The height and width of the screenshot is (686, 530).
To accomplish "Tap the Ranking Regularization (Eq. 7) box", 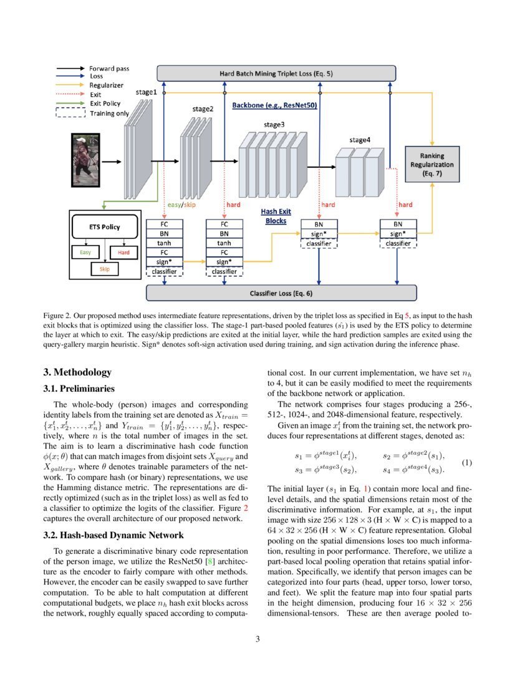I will [431, 164].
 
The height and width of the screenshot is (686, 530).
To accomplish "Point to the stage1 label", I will [147, 92].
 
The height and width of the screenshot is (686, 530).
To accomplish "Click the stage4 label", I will [360, 140].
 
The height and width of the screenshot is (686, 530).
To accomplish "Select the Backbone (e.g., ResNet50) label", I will [274, 106].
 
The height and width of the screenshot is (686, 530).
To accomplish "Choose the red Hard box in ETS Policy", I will [123, 253].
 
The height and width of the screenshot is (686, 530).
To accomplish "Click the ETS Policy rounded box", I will [104, 227].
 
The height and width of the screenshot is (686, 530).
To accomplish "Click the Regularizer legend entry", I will [105, 85].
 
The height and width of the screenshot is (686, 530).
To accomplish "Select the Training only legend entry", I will [109, 113].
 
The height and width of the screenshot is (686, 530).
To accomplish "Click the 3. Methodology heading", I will [77, 372].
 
